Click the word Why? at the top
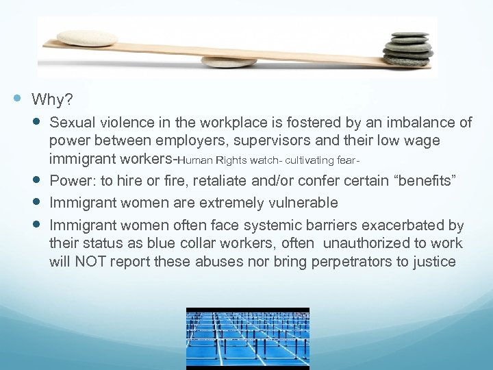pos(52,100)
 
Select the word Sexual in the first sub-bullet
pos(71,123)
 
